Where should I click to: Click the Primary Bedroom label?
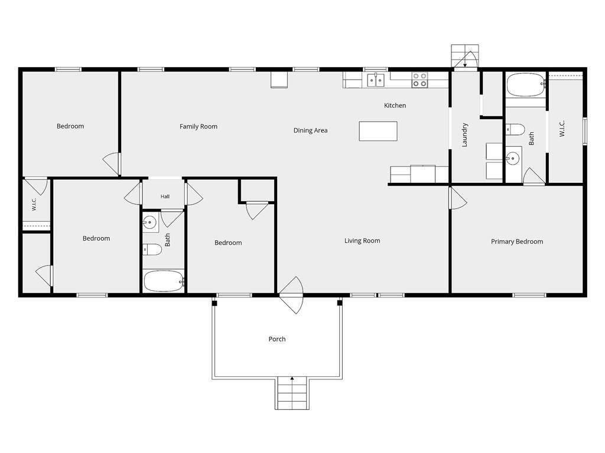[516, 241]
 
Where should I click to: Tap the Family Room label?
[199, 126]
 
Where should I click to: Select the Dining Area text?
[310, 130]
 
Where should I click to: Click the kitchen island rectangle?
[378, 131]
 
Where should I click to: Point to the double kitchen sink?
[375, 80]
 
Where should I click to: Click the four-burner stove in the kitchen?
[419, 80]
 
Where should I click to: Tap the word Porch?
[277, 339]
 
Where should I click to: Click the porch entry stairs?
[292, 393]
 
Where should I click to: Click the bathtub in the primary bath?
[525, 85]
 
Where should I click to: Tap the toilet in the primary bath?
[515, 129]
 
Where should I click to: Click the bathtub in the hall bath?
[164, 281]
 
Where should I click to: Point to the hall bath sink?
[149, 222]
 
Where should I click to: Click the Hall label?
[165, 196]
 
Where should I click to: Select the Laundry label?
[464, 135]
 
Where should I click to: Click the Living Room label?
[362, 241]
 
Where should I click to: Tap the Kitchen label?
[395, 105]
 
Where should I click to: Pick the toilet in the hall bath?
[152, 250]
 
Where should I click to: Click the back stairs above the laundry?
[465, 56]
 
